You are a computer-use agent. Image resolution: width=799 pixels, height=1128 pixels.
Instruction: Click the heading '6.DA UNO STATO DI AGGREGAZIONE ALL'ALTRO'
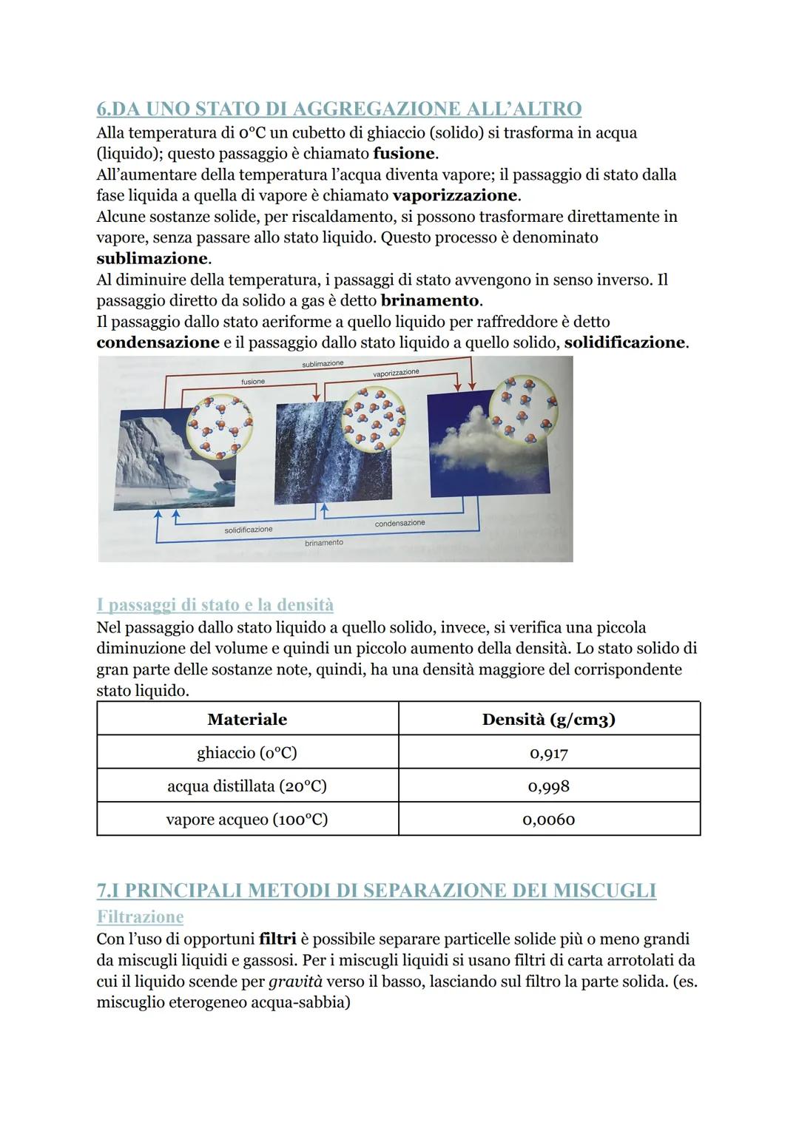pyautogui.click(x=339, y=109)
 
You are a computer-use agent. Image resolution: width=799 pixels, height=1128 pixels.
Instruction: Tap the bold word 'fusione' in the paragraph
pyautogui.click(x=405, y=154)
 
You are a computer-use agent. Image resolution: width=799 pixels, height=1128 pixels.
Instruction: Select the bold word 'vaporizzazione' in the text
pyautogui.click(x=455, y=196)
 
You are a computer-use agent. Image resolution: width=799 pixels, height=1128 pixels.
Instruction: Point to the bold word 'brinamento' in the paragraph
pyautogui.click(x=430, y=301)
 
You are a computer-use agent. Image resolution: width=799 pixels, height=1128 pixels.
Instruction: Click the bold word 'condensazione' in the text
pyautogui.click(x=158, y=342)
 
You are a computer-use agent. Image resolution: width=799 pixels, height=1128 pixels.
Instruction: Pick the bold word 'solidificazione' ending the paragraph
pyautogui.click(x=624, y=342)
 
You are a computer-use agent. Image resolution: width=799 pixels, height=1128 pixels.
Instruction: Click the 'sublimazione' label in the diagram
pyautogui.click(x=323, y=364)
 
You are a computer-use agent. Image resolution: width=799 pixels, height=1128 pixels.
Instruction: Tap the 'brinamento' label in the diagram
pyautogui.click(x=324, y=543)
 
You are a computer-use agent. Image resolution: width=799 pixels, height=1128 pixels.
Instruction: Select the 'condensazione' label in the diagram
pyautogui.click(x=399, y=523)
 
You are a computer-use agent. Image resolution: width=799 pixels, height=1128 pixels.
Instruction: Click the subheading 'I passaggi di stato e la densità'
pyautogui.click(x=215, y=605)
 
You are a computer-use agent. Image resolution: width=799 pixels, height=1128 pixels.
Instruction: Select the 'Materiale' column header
pyautogui.click(x=247, y=719)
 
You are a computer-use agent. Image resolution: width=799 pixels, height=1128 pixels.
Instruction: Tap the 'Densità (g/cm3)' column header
pyautogui.click(x=549, y=719)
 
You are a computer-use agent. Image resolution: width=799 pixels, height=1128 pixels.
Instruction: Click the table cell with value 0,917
pyautogui.click(x=549, y=753)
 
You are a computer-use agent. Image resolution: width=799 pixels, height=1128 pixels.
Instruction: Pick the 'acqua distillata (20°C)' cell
pyautogui.click(x=247, y=786)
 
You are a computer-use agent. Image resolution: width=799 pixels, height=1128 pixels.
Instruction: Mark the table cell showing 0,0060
pyautogui.click(x=549, y=820)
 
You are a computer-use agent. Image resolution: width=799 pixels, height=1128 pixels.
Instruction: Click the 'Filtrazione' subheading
pyautogui.click(x=140, y=917)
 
